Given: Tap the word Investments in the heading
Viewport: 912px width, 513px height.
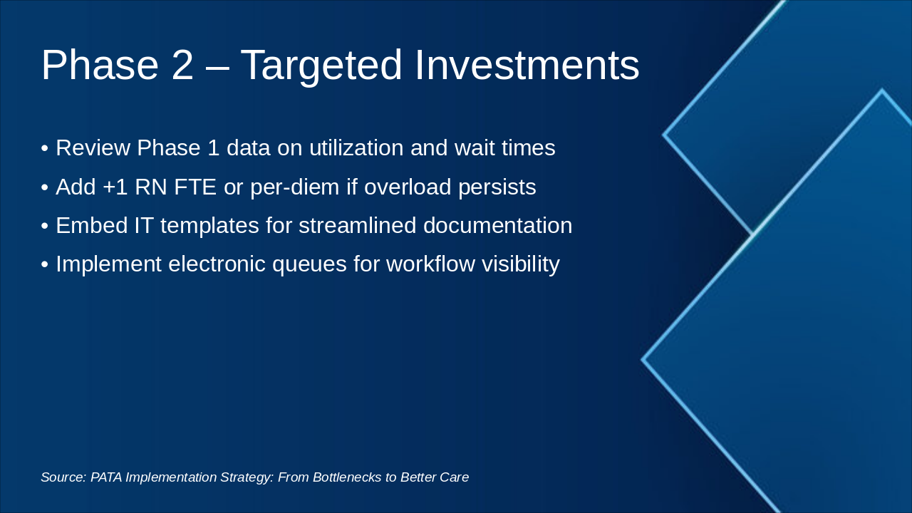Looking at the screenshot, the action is [527, 65].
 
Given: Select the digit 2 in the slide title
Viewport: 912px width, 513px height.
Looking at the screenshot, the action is [182, 65].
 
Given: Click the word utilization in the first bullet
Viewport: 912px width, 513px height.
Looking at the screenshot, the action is [356, 147].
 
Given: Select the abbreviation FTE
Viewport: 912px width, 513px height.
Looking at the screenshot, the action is [195, 187].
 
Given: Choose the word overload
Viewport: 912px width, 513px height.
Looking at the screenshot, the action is [408, 187].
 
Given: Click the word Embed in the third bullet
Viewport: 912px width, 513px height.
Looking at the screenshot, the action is [92, 226].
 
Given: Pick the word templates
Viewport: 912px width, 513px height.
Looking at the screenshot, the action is [209, 227].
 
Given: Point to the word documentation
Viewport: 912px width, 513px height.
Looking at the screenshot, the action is [497, 226].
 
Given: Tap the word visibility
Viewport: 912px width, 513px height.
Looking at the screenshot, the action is [521, 264].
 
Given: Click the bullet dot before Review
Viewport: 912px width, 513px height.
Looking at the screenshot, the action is [45, 148].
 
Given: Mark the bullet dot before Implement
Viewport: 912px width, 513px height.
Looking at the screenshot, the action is [45, 264].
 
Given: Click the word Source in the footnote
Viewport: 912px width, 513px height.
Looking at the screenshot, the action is [63, 477].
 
